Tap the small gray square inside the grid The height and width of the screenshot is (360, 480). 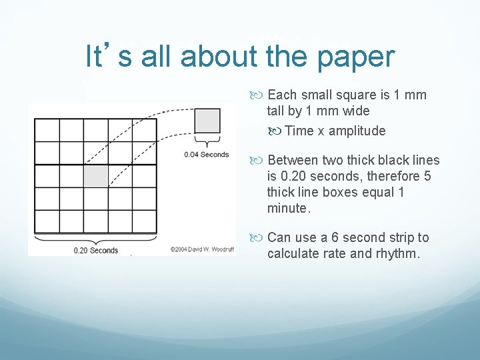[95, 176]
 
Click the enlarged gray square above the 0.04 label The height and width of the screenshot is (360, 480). [207, 121]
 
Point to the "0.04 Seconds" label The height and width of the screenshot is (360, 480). [207, 155]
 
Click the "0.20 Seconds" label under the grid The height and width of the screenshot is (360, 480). [95, 251]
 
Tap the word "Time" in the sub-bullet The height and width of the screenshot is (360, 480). [299, 131]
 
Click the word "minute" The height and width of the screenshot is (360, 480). [287, 209]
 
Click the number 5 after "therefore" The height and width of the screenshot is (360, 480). [427, 177]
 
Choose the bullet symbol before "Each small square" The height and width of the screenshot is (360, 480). [259, 95]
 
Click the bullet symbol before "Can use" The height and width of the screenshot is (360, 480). [259, 238]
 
